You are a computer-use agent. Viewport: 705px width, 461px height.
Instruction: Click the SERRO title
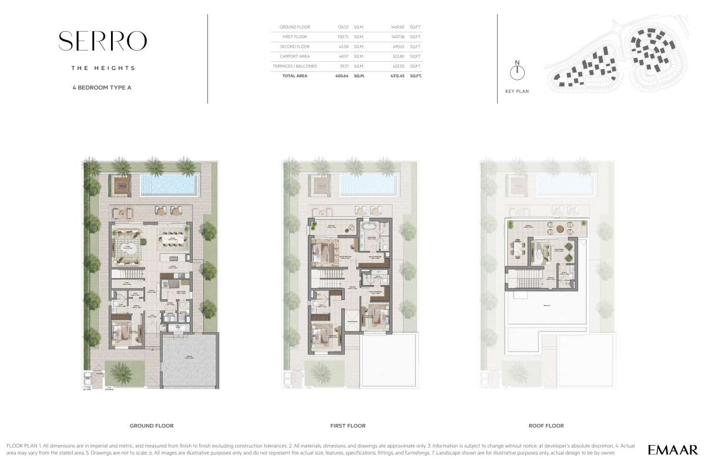102,41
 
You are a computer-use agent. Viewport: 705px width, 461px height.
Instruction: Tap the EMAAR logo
673,447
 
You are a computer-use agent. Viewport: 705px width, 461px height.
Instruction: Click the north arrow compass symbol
517,72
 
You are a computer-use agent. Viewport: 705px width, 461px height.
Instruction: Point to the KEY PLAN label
517,91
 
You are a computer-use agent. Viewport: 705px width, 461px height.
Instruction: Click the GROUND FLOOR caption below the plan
152,426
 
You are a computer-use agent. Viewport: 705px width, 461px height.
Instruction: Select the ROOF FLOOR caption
546,426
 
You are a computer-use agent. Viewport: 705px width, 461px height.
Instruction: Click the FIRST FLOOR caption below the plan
348,426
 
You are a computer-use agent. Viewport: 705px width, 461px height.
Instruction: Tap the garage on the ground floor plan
189,360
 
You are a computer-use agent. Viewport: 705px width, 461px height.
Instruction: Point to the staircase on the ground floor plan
127,275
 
